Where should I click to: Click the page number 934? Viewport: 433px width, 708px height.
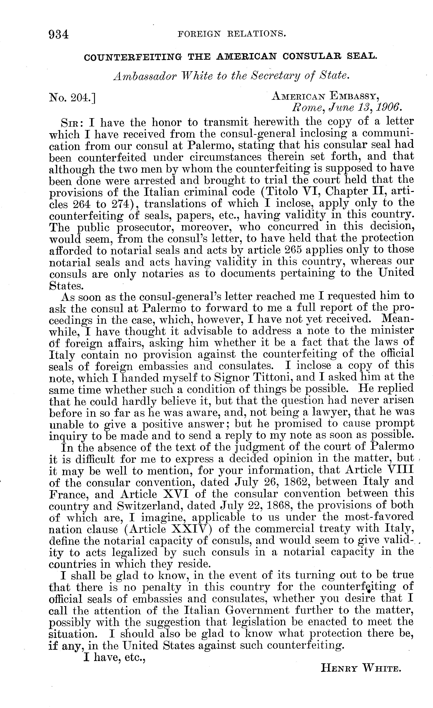coord(59,35)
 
